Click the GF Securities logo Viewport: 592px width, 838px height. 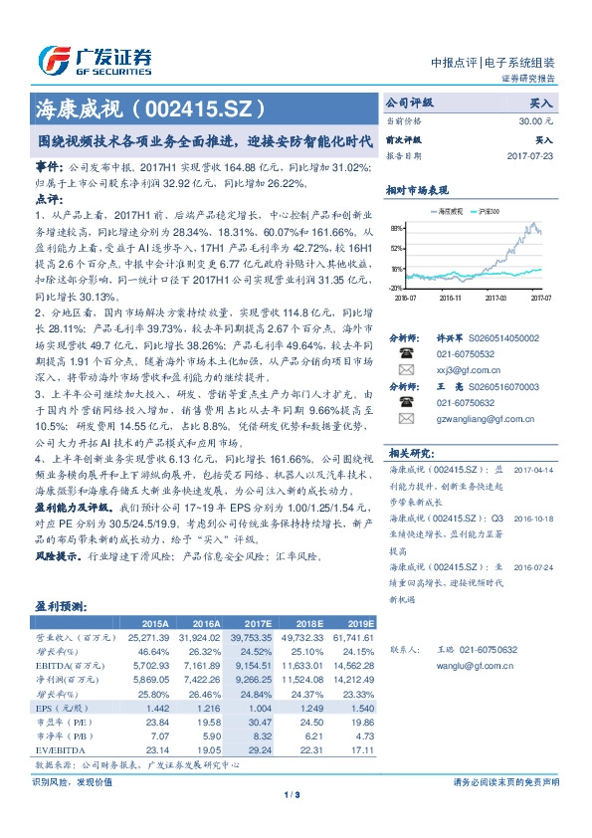(x=95, y=59)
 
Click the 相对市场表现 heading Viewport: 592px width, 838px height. (x=417, y=189)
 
